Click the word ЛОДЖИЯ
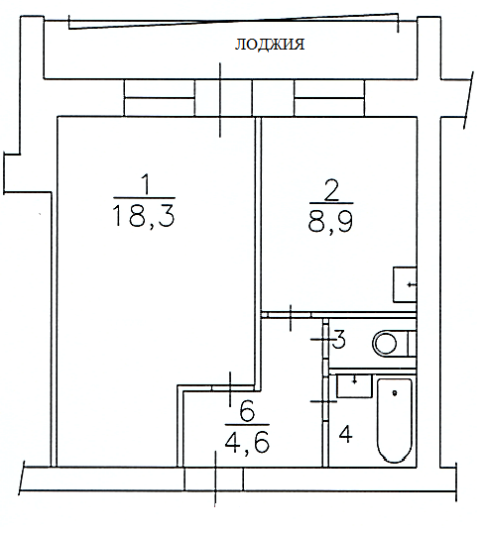point(270,45)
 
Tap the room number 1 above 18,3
point(146,184)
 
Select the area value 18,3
point(143,216)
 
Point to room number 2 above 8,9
point(331,190)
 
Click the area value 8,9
point(330,222)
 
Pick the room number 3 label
point(339,340)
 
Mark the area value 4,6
point(247,442)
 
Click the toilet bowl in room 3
point(394,344)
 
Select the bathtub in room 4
point(395,421)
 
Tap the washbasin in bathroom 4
point(354,386)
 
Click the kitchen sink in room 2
point(405,285)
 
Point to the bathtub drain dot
point(395,393)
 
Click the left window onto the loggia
point(160,98)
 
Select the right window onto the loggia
point(329,98)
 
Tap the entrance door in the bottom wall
point(214,480)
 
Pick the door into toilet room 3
point(325,339)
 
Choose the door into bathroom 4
point(325,400)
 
